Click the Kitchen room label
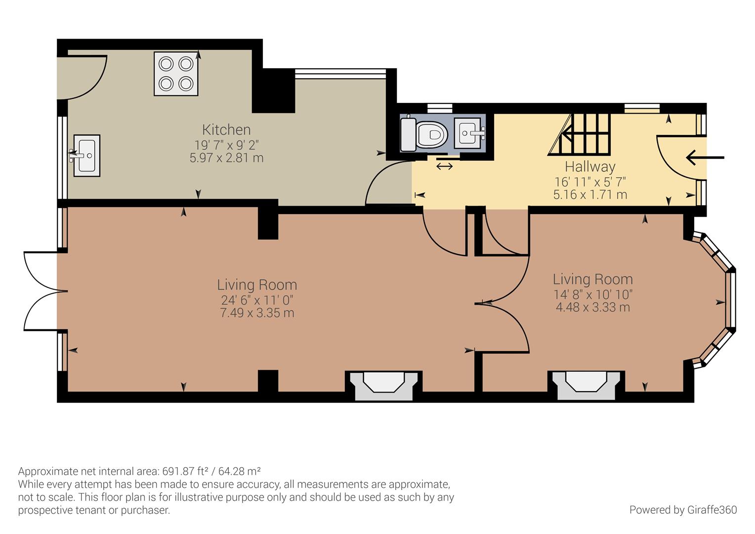pos(226,130)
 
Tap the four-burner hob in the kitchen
pos(176,74)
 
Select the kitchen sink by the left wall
pos(86,155)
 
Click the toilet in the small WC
pos(425,134)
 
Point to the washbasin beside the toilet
pos(471,132)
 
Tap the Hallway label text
pos(590,167)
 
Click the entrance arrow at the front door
pos(705,158)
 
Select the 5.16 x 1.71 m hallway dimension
pos(590,194)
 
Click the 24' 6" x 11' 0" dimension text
pos(257,300)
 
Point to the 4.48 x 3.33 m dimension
pos(592,307)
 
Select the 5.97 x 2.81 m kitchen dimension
pos(226,158)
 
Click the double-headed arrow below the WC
pos(444,167)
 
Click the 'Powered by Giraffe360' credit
pos(683,510)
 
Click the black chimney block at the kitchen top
pos(273,90)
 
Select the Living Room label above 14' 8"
pos(592,279)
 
